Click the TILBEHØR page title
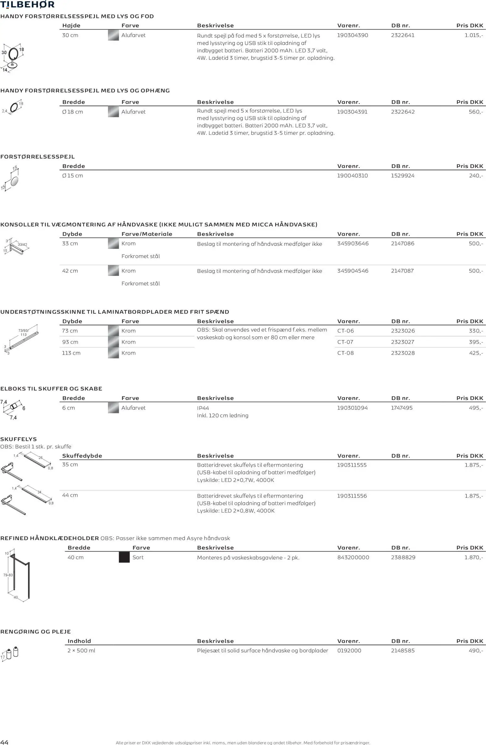coord(28,5)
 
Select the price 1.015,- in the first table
coord(473,35)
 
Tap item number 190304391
coord(352,112)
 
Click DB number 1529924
coord(403,176)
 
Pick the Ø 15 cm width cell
coord(73,176)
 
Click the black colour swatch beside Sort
coord(124,557)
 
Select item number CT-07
coord(346,342)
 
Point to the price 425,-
coord(476,353)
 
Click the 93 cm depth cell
coord(70,342)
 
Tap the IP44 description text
coord(203,408)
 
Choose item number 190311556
coord(352,496)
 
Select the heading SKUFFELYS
coord(18,439)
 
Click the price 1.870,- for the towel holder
coord(473,557)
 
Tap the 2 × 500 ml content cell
coord(81,651)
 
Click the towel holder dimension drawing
coord(17,575)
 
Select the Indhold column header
coord(79,641)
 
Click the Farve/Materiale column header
coord(147,234)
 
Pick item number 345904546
coord(353,271)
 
